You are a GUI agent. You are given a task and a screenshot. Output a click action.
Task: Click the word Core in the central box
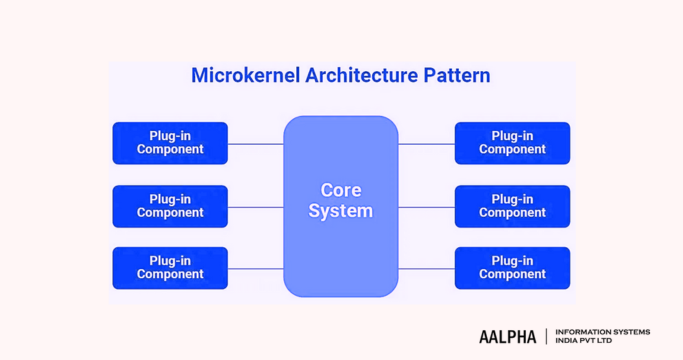coord(341,190)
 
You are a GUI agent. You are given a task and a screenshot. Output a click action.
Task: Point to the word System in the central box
coord(341,211)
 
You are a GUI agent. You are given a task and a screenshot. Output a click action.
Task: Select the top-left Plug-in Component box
coord(170,143)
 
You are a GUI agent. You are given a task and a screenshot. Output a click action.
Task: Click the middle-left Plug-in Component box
coord(170,206)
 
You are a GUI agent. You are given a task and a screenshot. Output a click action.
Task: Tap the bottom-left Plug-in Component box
coord(170,268)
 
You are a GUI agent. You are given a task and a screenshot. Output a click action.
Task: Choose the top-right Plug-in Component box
coord(512,143)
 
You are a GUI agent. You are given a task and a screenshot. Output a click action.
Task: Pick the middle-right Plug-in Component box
coord(512,206)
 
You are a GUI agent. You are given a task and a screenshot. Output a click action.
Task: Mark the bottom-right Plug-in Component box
coord(512,268)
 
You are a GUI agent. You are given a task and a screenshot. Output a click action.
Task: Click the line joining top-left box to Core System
coord(256,144)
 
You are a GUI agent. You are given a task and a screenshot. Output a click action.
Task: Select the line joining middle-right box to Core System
coord(426,207)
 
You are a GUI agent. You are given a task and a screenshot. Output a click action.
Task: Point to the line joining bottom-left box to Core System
coord(256,268)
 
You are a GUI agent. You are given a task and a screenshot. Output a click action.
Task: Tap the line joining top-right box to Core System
coord(426,144)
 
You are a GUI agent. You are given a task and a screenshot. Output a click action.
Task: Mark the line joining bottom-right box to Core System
coord(426,268)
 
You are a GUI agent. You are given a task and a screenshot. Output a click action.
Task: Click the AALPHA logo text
coord(507,337)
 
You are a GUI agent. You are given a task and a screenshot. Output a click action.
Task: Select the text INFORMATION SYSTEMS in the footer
coord(602,332)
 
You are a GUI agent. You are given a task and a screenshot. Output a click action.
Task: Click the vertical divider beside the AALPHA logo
coord(545,336)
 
